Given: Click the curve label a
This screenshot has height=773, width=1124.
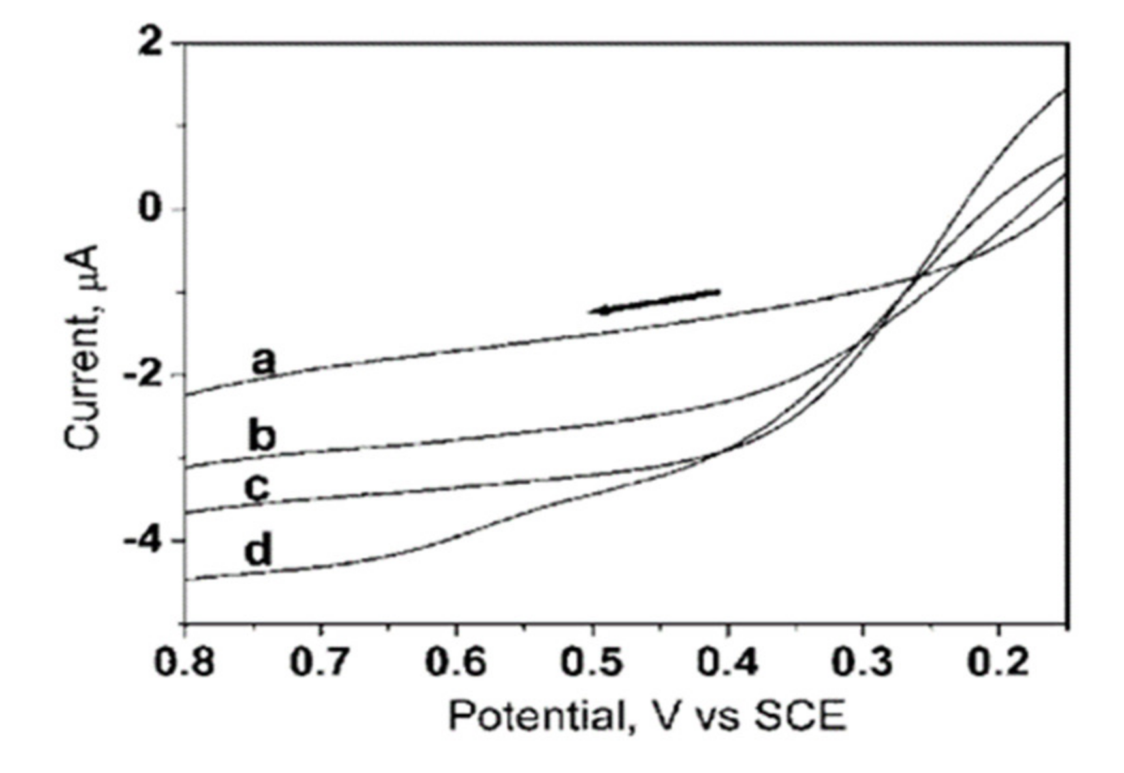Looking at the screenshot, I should pyautogui.click(x=264, y=361).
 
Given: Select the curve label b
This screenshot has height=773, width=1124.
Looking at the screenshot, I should pyautogui.click(x=262, y=435).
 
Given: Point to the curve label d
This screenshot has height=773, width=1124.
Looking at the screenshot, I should pyautogui.click(x=258, y=550).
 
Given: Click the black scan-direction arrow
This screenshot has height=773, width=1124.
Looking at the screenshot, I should pyautogui.click(x=654, y=301).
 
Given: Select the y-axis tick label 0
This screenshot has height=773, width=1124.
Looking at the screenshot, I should pyautogui.click(x=149, y=209).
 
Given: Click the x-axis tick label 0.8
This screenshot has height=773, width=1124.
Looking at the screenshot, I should pyautogui.click(x=185, y=663).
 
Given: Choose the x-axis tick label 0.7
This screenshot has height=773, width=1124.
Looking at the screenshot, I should pyautogui.click(x=320, y=663).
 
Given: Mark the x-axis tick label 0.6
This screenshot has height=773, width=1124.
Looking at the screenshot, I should pyautogui.click(x=456, y=663).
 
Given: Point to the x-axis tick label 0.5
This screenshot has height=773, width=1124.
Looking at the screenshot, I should pyautogui.click(x=592, y=663).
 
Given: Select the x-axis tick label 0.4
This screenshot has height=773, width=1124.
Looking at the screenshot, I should pyautogui.click(x=728, y=663).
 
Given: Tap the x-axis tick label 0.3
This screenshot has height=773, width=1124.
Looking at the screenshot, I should pyautogui.click(x=863, y=663).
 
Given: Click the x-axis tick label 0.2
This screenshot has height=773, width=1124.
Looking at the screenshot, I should pyautogui.click(x=998, y=663).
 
